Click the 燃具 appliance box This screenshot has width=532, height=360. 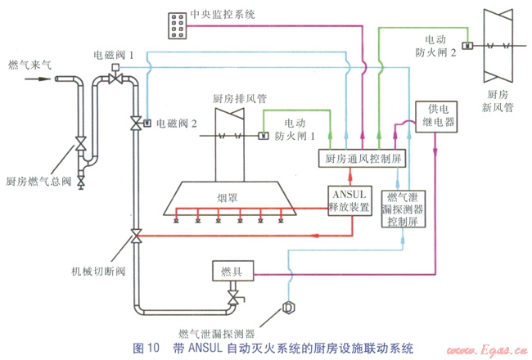232,271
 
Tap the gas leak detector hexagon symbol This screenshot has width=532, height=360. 288,308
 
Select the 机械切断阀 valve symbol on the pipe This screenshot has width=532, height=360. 135,238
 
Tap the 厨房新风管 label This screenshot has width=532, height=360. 496,98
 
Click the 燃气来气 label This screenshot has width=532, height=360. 29,63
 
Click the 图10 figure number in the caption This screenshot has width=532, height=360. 147,349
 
